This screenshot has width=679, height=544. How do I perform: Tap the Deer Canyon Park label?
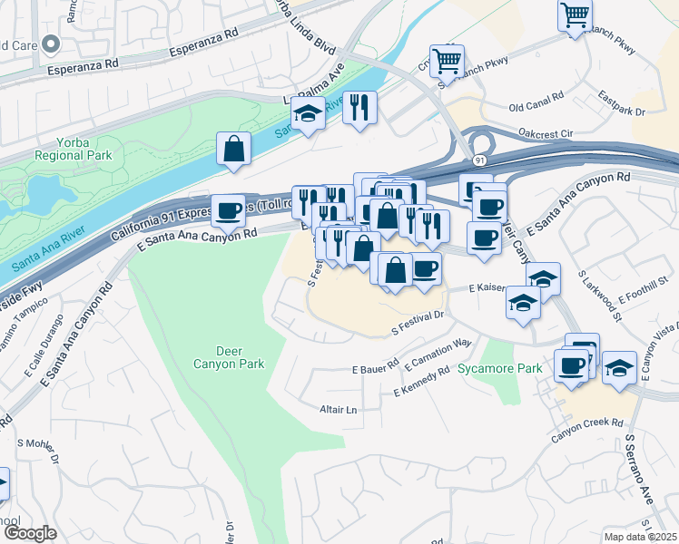(x=228, y=357)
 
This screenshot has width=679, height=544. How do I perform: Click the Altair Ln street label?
(x=339, y=410)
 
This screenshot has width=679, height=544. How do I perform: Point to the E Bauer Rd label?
(x=375, y=367)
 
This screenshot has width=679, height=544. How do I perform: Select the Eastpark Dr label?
(x=622, y=104)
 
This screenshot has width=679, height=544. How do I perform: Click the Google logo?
(x=30, y=533)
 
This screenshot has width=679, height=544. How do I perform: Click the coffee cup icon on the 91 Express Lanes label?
(x=229, y=210)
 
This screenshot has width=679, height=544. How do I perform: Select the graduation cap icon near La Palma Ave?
(x=309, y=115)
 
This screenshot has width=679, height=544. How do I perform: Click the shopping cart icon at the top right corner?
(x=575, y=15)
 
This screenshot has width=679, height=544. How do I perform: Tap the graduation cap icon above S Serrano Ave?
(x=619, y=369)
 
